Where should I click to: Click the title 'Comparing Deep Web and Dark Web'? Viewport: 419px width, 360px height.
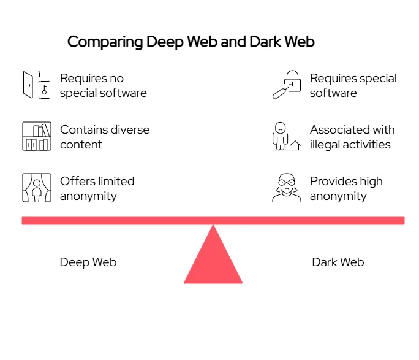191,42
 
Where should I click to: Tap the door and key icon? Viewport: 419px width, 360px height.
36,85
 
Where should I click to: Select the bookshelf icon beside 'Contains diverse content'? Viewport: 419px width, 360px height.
36,136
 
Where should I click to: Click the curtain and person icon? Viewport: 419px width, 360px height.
36,188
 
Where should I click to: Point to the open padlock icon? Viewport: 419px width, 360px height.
287,85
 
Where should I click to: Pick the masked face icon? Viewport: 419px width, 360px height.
286,188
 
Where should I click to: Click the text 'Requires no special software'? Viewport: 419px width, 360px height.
103,86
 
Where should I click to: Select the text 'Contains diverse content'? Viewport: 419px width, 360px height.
104,137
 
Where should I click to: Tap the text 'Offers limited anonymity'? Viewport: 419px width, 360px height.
97,189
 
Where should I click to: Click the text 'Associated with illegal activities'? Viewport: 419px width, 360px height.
352,137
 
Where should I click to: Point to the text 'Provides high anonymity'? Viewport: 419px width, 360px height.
346,189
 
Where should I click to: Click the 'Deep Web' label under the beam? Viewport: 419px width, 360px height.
88,262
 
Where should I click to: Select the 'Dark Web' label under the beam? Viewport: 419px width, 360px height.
338,262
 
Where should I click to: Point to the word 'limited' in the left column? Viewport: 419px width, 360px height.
114,182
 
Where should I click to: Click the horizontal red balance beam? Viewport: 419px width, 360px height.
213,220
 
